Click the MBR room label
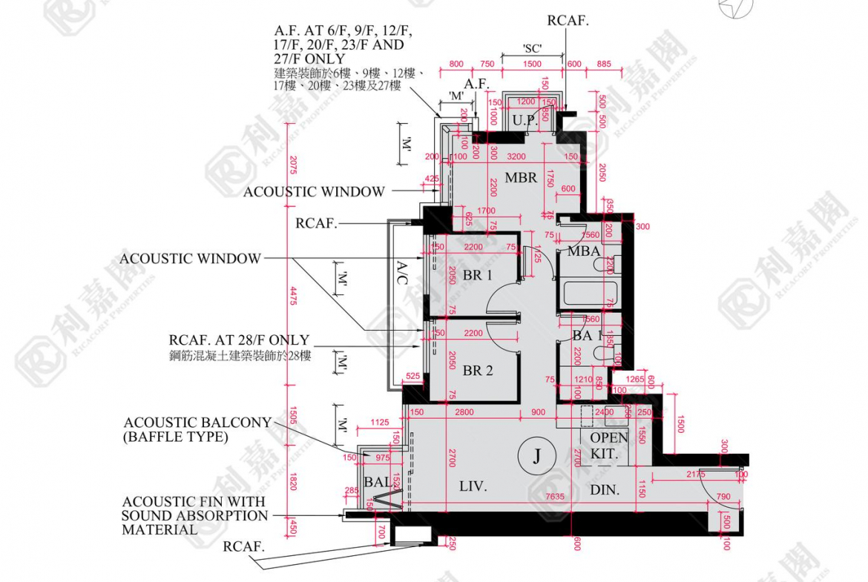click(x=521, y=178)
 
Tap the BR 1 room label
click(x=478, y=275)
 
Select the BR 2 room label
click(x=478, y=370)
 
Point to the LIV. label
click(x=473, y=487)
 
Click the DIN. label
click(x=605, y=490)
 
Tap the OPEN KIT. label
click(x=608, y=446)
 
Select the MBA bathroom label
click(x=584, y=251)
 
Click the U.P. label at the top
click(x=525, y=119)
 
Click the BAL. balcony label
click(x=378, y=483)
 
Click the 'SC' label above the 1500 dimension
click(x=531, y=49)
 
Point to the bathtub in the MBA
click(x=586, y=293)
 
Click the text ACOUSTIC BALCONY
click(x=197, y=423)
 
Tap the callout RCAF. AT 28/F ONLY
click(x=239, y=340)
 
